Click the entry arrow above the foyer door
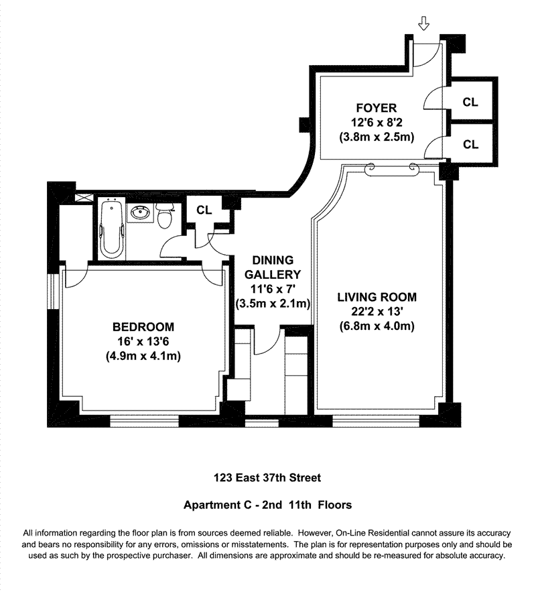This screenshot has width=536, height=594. pos(423,25)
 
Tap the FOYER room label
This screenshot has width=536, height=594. pos(376,107)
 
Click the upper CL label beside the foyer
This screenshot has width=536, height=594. pos(471,102)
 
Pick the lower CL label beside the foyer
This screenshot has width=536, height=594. pos(471,144)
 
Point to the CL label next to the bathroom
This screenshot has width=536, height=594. pos(204,210)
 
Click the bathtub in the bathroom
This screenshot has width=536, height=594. pos(112,229)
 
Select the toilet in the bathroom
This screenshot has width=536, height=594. pos(165,215)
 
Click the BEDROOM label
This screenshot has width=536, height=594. pos(143,327)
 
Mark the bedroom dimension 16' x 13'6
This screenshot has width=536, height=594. pos(143,342)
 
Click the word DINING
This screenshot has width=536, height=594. pos(273,259)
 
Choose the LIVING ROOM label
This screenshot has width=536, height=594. pos(377,297)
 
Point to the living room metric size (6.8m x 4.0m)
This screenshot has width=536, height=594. pos(377,326)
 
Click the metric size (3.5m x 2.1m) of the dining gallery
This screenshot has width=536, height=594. pos(273,304)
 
